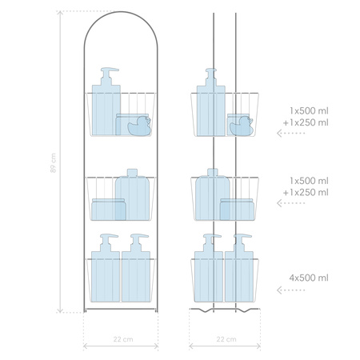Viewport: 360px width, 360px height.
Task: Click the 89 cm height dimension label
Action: (x=53, y=163)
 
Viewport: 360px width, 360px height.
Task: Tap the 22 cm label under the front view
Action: (x=123, y=339)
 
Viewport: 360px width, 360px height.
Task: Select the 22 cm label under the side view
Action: (x=226, y=339)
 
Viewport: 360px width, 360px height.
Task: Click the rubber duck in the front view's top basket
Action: (x=139, y=126)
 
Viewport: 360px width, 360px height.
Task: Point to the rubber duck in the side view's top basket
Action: (x=241, y=126)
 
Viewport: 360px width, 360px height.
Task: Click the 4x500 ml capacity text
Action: (x=309, y=278)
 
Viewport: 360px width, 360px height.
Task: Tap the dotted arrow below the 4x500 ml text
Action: (x=290, y=290)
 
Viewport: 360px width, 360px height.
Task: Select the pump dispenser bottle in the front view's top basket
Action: (x=106, y=102)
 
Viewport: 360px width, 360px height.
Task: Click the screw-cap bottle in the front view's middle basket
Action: (x=132, y=194)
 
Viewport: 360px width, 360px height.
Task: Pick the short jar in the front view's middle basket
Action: (x=109, y=210)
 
